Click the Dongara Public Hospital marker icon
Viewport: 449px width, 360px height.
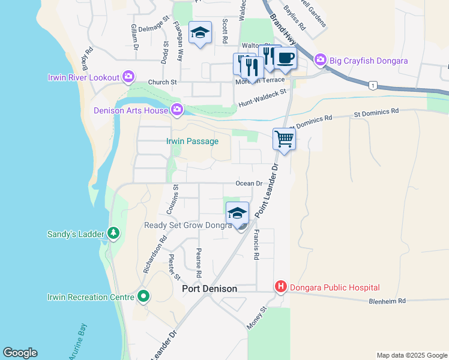280,287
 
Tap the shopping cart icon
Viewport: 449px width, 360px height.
284,140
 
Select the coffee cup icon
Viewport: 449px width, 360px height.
285,59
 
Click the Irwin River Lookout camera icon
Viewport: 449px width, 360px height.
128,77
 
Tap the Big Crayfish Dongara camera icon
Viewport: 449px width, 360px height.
319,61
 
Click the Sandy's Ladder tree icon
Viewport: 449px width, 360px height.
113,233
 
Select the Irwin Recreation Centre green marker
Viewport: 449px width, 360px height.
143,296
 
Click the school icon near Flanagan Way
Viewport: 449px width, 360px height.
200,33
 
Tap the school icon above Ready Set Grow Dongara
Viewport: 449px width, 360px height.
237,214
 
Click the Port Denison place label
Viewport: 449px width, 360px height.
209,289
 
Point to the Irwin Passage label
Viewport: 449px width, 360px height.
192,141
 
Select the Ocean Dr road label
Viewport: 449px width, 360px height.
249,184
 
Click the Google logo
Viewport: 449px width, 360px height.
20,353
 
